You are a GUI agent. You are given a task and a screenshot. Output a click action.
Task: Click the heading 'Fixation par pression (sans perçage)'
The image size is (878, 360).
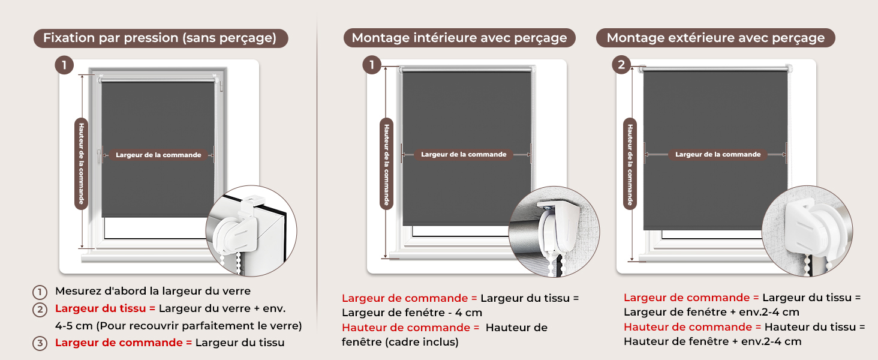point(160,38)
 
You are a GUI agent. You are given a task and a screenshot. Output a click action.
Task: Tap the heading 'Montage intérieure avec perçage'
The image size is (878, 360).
point(459,38)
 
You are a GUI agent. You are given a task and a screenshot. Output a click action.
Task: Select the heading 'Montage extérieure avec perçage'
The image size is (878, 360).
point(715,38)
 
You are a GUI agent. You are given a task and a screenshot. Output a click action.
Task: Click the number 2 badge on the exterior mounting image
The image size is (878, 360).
point(621,65)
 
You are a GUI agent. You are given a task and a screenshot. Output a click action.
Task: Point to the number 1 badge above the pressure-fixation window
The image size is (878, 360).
point(64,65)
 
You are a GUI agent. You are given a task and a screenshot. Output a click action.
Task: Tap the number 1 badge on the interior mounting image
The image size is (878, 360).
point(372,65)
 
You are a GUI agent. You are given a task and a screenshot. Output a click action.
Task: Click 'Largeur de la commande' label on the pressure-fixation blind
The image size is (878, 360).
point(158,155)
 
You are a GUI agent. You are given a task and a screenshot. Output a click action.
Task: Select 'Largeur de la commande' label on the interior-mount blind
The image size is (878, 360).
point(464,155)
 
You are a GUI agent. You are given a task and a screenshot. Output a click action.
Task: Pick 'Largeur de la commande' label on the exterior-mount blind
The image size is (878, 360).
point(718,155)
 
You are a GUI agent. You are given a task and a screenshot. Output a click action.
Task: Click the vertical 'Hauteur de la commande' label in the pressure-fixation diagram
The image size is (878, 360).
point(81,164)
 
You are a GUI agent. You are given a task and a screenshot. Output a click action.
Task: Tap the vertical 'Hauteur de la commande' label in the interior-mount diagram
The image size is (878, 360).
point(386,164)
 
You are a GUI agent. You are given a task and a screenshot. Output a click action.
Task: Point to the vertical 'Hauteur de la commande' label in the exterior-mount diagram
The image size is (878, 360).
point(630,164)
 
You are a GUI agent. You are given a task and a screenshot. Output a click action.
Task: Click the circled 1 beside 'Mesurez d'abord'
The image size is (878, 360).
point(40,292)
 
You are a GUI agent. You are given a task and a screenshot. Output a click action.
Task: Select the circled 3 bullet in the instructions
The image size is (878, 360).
point(40,344)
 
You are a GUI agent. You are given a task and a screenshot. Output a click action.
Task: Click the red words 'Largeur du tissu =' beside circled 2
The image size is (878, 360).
point(106,308)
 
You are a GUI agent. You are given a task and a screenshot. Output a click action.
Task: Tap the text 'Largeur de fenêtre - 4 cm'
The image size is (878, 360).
point(412,313)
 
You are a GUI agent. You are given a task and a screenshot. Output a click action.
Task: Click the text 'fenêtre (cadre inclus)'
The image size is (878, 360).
point(400,343)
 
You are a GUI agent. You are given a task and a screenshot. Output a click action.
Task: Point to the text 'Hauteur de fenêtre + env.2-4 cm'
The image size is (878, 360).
point(712,341)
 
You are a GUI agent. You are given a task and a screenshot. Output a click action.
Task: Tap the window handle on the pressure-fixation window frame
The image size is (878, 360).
point(100,155)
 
